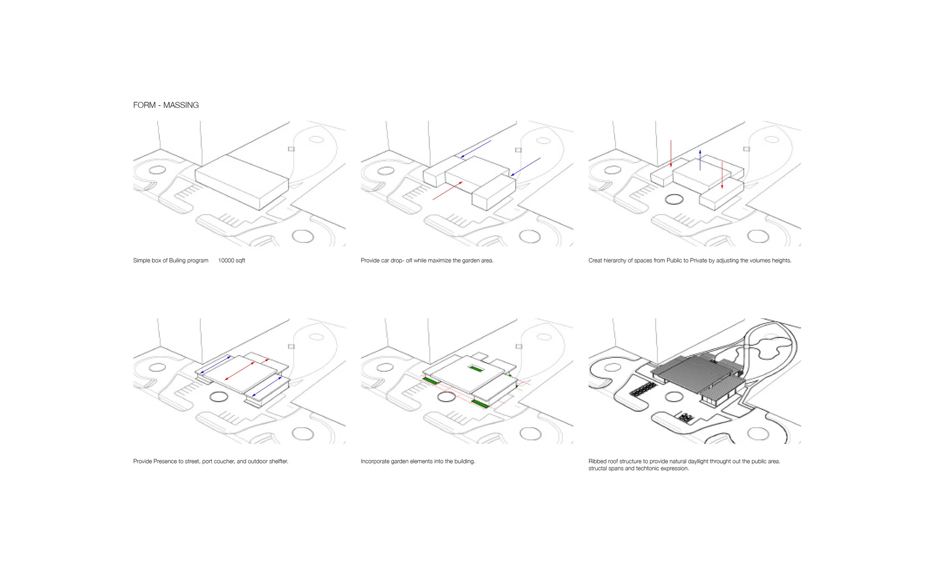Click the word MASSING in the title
coord(180,105)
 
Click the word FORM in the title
coord(144,105)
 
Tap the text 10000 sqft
coord(231,261)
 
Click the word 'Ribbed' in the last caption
coord(597,461)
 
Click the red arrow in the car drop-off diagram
coord(447,191)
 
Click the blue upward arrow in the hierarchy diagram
coord(700,160)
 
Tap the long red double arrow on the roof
coord(239,371)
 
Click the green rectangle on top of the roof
coord(475,368)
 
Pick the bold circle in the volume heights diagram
coord(674,200)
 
